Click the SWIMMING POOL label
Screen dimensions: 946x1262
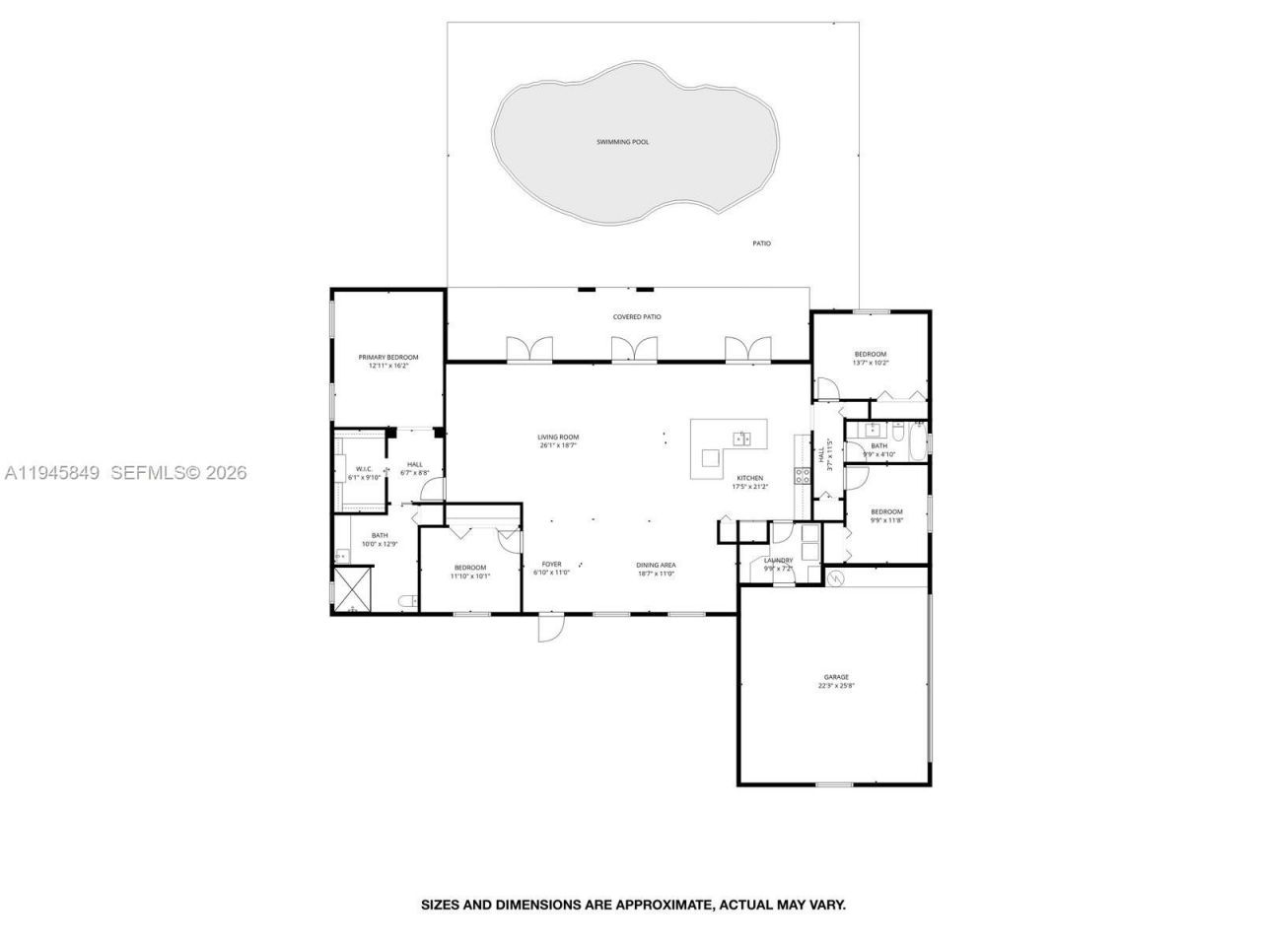[x=622, y=142]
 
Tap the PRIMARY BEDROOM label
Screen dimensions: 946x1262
[x=387, y=357]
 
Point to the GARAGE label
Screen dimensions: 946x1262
[x=836, y=677]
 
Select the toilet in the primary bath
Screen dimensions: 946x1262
[x=405, y=600]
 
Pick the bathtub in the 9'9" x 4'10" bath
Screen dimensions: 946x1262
[x=919, y=444]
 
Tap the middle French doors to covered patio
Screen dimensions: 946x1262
[x=634, y=350]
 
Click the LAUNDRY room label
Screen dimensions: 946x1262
[x=778, y=561]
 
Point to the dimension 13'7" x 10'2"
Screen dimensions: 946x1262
[x=870, y=363]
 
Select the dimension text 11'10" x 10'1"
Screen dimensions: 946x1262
[x=470, y=575]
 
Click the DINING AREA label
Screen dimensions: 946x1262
[x=656, y=565]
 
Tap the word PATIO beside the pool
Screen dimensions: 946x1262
[x=761, y=243]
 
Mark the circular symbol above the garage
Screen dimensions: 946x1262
[x=837, y=576]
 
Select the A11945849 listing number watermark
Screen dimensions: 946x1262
[x=52, y=473]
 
